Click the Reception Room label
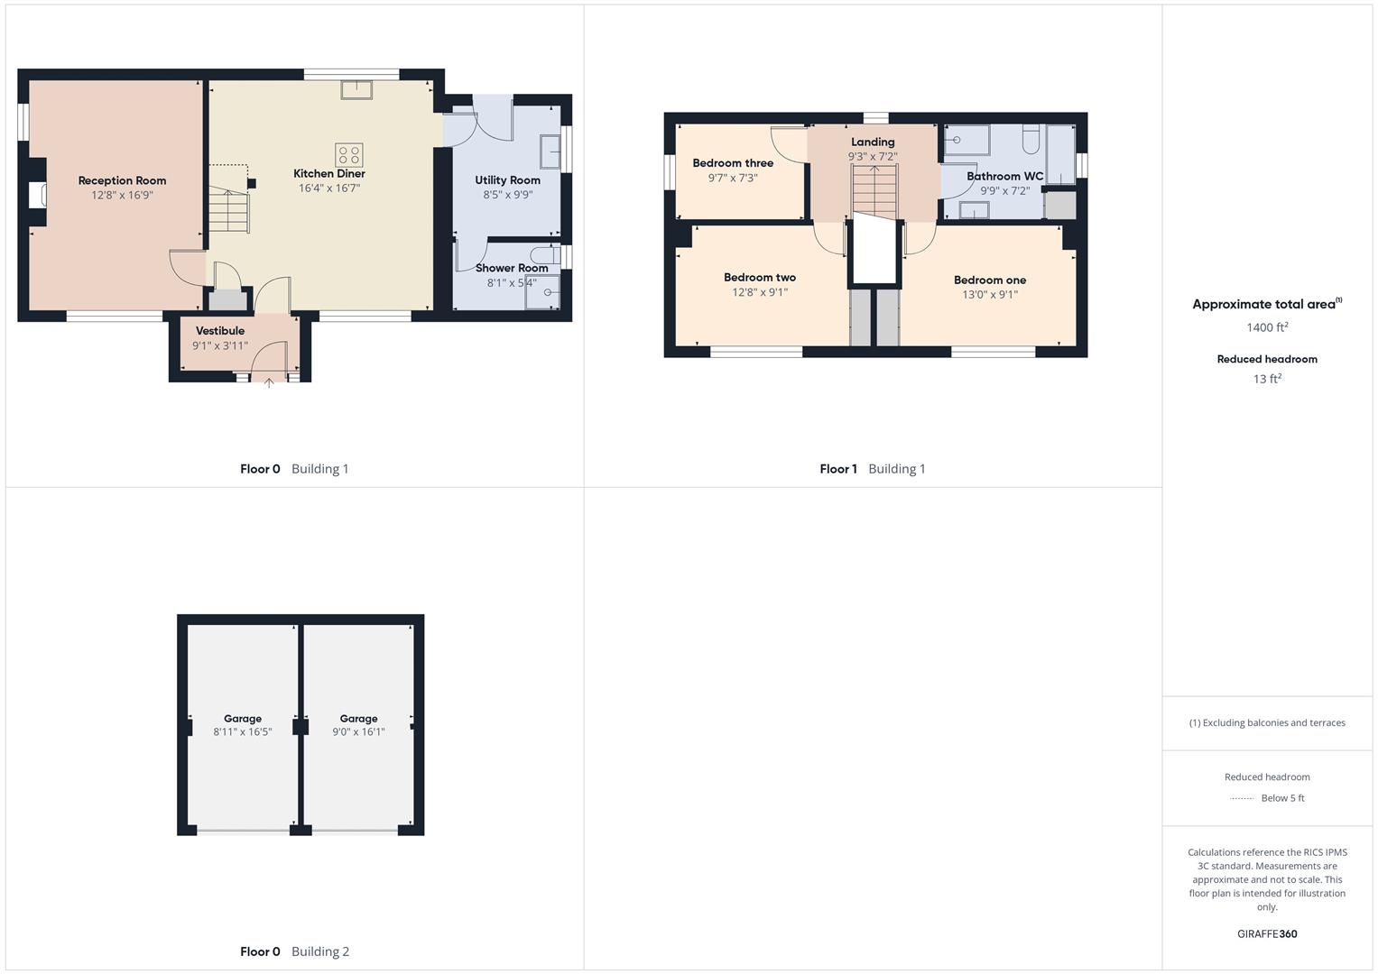[x=122, y=180]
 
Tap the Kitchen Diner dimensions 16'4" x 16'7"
[x=329, y=188]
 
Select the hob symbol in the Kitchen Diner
[x=349, y=154]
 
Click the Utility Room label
[x=507, y=180]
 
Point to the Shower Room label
[x=512, y=268]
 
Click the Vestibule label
[x=220, y=331]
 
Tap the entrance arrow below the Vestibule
[x=269, y=383]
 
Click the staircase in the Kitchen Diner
[x=228, y=212]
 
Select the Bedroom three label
[x=733, y=163]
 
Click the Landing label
[x=873, y=142]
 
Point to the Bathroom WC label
[x=1004, y=176]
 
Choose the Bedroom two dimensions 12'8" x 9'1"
[x=760, y=292]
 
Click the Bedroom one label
[x=990, y=280]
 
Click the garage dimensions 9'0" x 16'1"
[x=358, y=732]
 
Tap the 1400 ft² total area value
[x=1267, y=327]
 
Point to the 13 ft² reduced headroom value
[x=1267, y=379]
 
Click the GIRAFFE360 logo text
[x=1267, y=934]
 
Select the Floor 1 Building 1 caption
[x=872, y=469]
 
